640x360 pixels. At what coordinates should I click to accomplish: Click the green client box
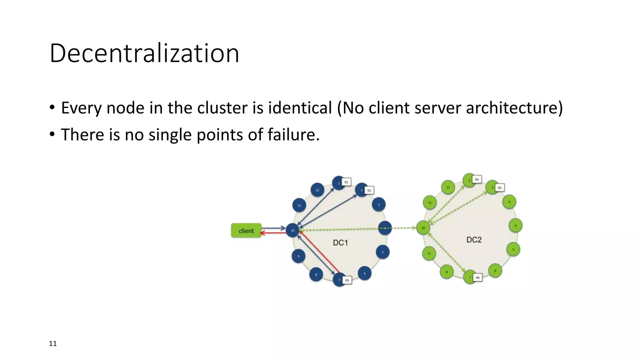[x=246, y=231]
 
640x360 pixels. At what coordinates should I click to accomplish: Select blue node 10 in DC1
[x=292, y=230]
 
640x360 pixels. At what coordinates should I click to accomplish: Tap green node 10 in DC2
[x=423, y=228]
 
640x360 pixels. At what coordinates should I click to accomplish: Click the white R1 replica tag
[x=346, y=182]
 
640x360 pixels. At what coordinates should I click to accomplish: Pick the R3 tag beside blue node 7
[x=347, y=280]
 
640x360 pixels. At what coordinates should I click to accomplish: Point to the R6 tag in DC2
[x=477, y=277]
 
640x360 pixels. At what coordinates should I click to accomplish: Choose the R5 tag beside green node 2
[x=500, y=188]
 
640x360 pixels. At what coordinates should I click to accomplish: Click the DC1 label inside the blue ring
[x=340, y=243]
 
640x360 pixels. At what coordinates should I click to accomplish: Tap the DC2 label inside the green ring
[x=474, y=240]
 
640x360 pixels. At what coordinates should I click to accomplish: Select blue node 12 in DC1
[x=317, y=190]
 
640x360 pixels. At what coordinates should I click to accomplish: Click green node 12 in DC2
[x=448, y=187]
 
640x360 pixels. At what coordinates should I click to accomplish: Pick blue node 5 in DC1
[x=383, y=252]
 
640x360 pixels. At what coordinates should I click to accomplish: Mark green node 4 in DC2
[x=516, y=225]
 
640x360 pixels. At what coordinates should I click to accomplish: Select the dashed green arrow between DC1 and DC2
[x=403, y=228]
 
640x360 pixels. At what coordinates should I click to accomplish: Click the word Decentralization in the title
[x=144, y=53]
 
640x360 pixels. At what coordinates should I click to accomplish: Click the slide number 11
[x=53, y=344]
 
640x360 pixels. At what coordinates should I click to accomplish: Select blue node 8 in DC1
[x=316, y=275]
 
